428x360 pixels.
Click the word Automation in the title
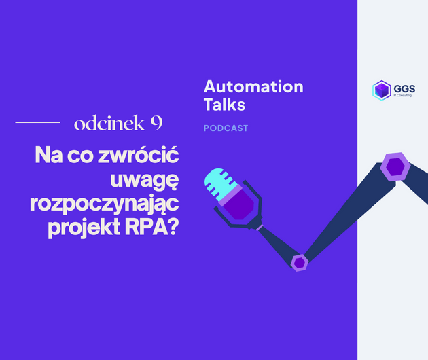(x=253, y=87)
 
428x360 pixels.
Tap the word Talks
(x=224, y=105)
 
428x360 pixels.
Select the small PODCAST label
(x=226, y=128)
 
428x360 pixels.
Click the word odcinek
(x=108, y=123)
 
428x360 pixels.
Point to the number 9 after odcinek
(x=156, y=123)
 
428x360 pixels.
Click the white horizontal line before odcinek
(x=37, y=123)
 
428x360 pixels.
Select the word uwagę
(x=145, y=181)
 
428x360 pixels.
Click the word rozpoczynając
(x=113, y=204)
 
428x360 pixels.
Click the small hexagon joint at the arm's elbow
(x=299, y=262)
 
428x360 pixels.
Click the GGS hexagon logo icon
(x=382, y=90)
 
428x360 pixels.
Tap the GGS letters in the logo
(x=406, y=87)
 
